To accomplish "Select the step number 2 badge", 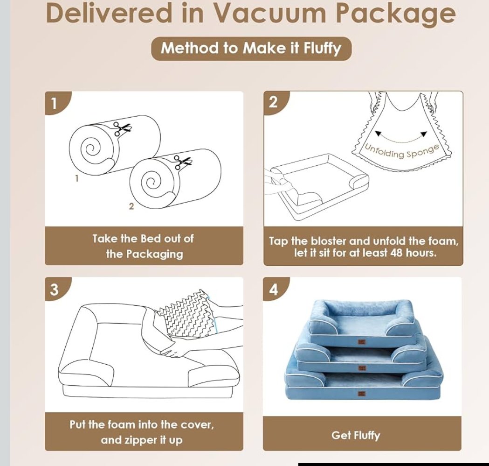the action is pos(274,102).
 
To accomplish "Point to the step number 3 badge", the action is pos(55,289).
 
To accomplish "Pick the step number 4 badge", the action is pos(274,289).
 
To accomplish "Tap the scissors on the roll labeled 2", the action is pos(182,162).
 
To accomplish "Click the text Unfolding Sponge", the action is pos(402,151).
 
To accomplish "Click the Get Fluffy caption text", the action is pos(356,435).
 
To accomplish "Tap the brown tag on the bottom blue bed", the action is pos(362,394).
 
